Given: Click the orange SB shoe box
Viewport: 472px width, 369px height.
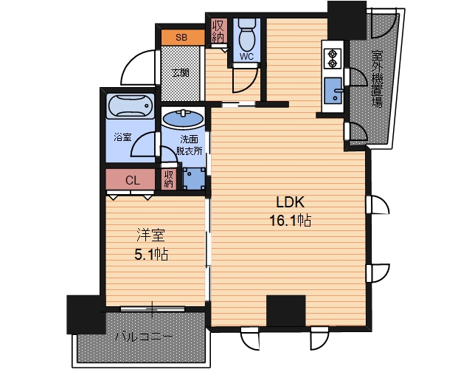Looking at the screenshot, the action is pyautogui.click(x=182, y=38).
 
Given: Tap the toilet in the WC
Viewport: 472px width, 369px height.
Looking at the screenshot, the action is pyautogui.click(x=247, y=35).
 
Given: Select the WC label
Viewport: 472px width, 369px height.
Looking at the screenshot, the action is pyautogui.click(x=246, y=56).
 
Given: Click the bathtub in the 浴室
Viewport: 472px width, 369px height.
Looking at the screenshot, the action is pyautogui.click(x=130, y=106).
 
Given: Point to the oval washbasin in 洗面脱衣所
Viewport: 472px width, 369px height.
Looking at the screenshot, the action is pyautogui.click(x=183, y=118).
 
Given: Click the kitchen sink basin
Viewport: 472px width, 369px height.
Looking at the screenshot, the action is pyautogui.click(x=333, y=90).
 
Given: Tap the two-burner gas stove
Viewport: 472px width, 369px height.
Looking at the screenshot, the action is pyautogui.click(x=333, y=58).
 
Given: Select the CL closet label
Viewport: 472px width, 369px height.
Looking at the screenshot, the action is pyautogui.click(x=133, y=180).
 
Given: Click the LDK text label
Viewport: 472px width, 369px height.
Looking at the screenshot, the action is pyautogui.click(x=291, y=202).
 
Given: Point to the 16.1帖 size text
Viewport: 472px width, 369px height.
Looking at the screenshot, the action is pyautogui.click(x=290, y=221).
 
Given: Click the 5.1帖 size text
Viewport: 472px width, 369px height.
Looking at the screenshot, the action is pyautogui.click(x=151, y=255).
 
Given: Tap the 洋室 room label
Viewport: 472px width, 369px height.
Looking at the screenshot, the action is pyautogui.click(x=150, y=236).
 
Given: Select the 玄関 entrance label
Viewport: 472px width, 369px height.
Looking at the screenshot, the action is pyautogui.click(x=181, y=73).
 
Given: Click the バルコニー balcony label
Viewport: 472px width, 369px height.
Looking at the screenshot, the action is pyautogui.click(x=145, y=337).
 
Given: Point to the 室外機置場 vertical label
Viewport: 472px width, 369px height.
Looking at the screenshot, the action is pyautogui.click(x=377, y=79).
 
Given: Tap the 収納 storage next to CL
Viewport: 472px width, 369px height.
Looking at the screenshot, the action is pyautogui.click(x=169, y=179).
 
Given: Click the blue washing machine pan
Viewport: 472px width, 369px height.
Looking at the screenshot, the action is pyautogui.click(x=194, y=179).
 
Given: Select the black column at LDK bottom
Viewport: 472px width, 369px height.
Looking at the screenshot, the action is pyautogui.click(x=286, y=311).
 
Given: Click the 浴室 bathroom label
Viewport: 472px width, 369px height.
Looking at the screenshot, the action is pyautogui.click(x=122, y=137).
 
